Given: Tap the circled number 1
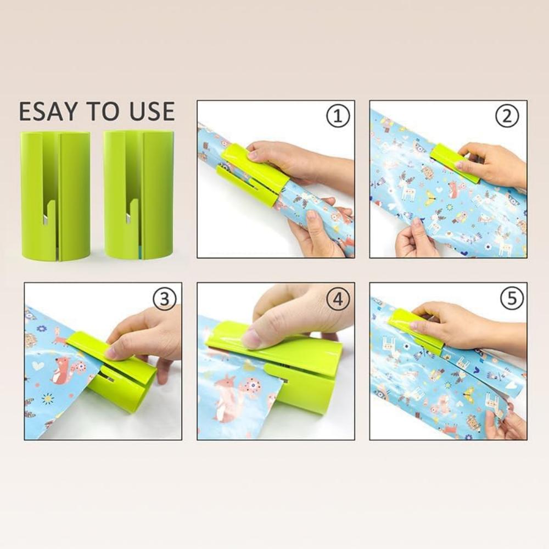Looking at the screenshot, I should coord(338,116).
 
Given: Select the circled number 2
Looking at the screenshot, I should coord(507,116).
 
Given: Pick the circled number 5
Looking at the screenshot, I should coord(512,299).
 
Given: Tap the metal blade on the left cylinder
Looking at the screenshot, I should coord(45,219).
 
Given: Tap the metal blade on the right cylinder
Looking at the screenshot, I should coord(128,218).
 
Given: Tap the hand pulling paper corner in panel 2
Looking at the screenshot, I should coord(416,239).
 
